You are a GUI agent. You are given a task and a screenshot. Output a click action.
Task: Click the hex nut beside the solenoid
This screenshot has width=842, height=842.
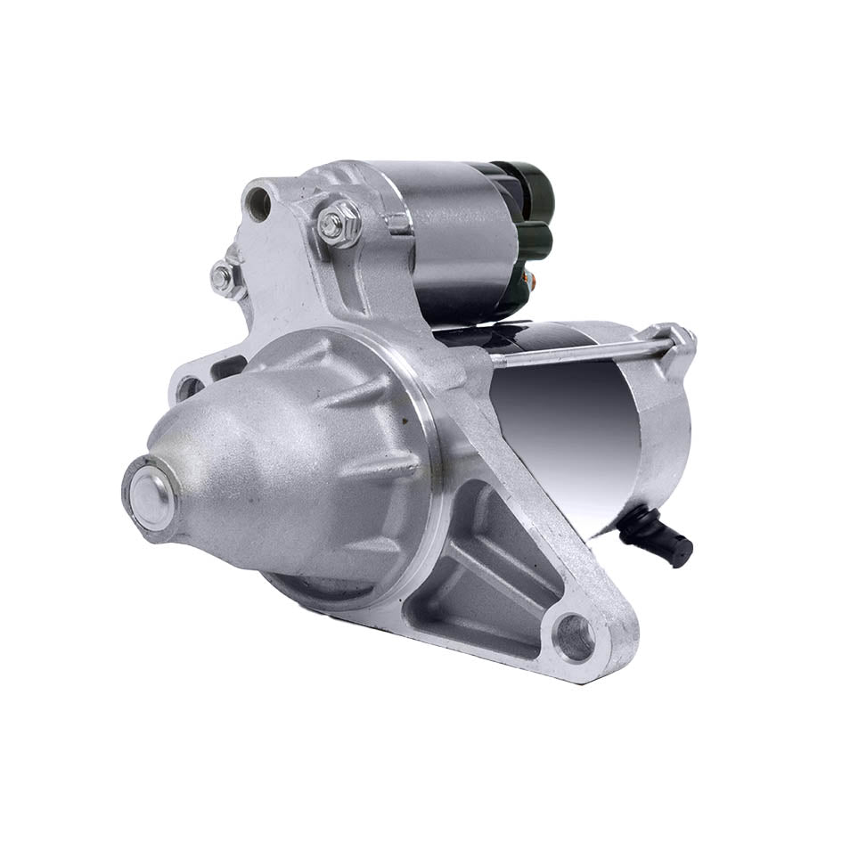[x=339, y=224]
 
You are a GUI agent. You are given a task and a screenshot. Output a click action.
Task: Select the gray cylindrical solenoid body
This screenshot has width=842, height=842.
[x=446, y=241]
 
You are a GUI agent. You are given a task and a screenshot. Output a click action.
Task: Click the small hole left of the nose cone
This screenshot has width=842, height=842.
[x=189, y=388]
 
